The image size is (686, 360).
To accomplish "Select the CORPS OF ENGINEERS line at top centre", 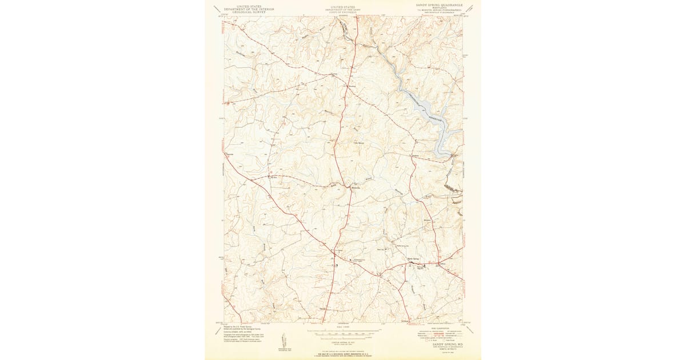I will pos(343,12).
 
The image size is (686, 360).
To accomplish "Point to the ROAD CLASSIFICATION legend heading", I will pos(439,328).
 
